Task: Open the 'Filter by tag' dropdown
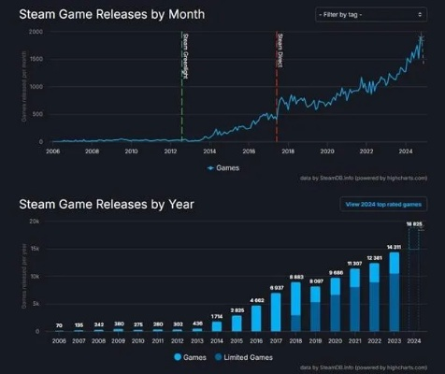click(365, 14)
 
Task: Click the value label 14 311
click(394, 246)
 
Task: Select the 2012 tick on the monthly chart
click(171, 151)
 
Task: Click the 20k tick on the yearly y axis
click(35, 222)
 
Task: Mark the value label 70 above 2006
click(59, 324)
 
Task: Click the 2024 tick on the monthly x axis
click(406, 151)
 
